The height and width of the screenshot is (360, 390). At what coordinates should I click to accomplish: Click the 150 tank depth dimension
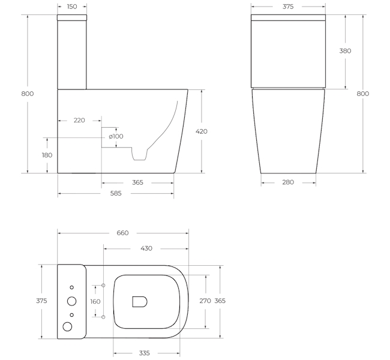(72, 7)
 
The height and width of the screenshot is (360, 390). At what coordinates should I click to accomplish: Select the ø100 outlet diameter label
(116, 136)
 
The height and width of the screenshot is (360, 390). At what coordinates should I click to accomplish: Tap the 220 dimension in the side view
(79, 120)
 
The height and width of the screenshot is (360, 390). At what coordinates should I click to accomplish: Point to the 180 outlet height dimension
(47, 155)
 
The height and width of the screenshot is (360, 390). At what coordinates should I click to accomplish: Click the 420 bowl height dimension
(202, 131)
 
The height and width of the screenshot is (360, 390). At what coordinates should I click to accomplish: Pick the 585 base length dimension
(116, 193)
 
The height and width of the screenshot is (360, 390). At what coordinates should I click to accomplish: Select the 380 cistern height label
(345, 51)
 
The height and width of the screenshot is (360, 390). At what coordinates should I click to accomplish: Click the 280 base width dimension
(288, 182)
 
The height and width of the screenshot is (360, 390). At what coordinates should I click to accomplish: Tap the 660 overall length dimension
(122, 233)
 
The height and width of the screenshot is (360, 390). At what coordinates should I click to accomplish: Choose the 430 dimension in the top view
(146, 248)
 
